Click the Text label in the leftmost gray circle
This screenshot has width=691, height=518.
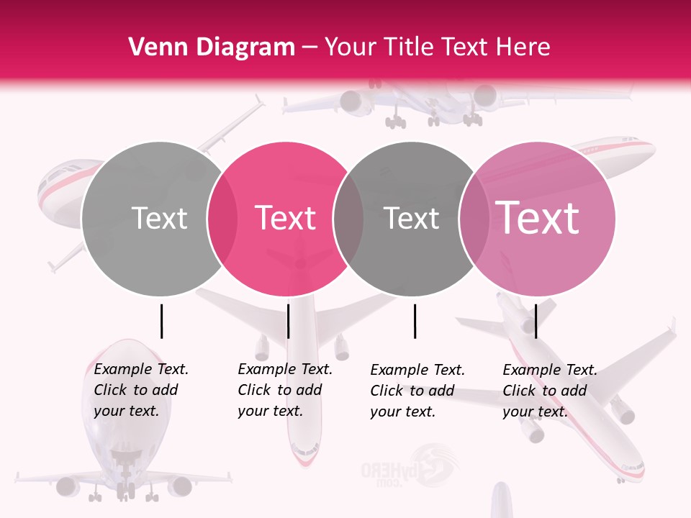(x=159, y=218)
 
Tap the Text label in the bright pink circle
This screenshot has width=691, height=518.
(x=286, y=218)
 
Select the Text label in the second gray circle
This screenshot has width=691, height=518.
(x=412, y=218)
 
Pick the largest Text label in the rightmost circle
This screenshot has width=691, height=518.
(x=538, y=218)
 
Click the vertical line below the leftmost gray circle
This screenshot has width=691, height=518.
(x=162, y=321)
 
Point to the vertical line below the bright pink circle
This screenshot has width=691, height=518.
(x=288, y=321)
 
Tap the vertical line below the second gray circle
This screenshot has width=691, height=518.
(x=415, y=321)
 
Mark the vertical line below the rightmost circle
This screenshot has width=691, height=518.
(x=536, y=321)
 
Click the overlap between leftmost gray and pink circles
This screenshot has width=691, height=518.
(x=222, y=219)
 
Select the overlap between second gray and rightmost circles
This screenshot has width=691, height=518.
(x=474, y=219)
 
